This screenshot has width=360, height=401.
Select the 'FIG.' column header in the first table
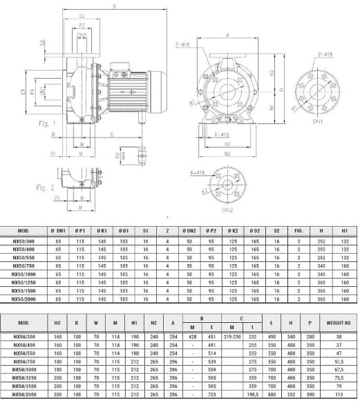coord(298,230)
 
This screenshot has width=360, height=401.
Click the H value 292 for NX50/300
coord(319,241)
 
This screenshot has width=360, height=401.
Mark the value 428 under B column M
coord(190,336)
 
